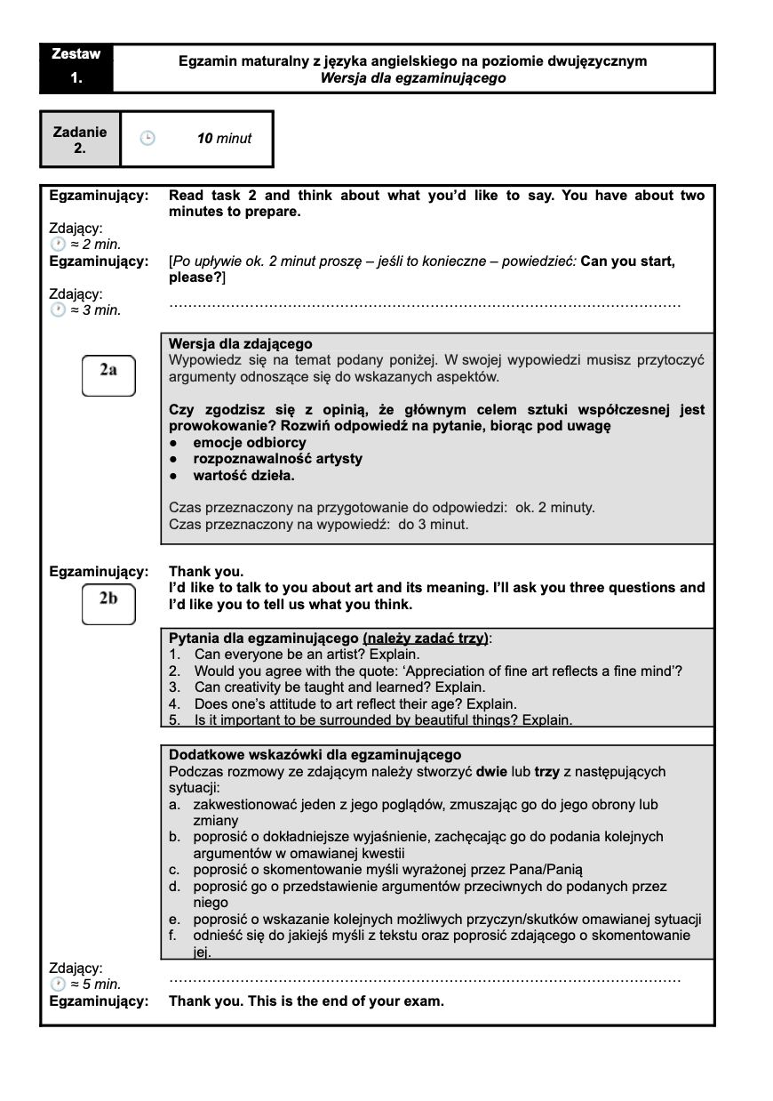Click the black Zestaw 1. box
tap(76, 68)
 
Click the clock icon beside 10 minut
tap(147, 138)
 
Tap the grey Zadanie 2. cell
tap(80, 140)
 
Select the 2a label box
tap(108, 374)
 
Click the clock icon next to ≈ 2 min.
tap(58, 244)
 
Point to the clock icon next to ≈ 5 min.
tap(58, 984)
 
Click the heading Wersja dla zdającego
tap(241, 344)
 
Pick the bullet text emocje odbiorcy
tap(250, 442)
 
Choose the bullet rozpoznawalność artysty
tap(277, 459)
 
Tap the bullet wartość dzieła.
tap(243, 476)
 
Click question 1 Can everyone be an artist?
tap(294, 655)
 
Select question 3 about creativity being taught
tap(339, 687)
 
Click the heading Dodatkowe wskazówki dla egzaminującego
tap(315, 754)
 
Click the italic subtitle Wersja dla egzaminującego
tap(413, 78)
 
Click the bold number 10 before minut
tap(204, 138)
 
